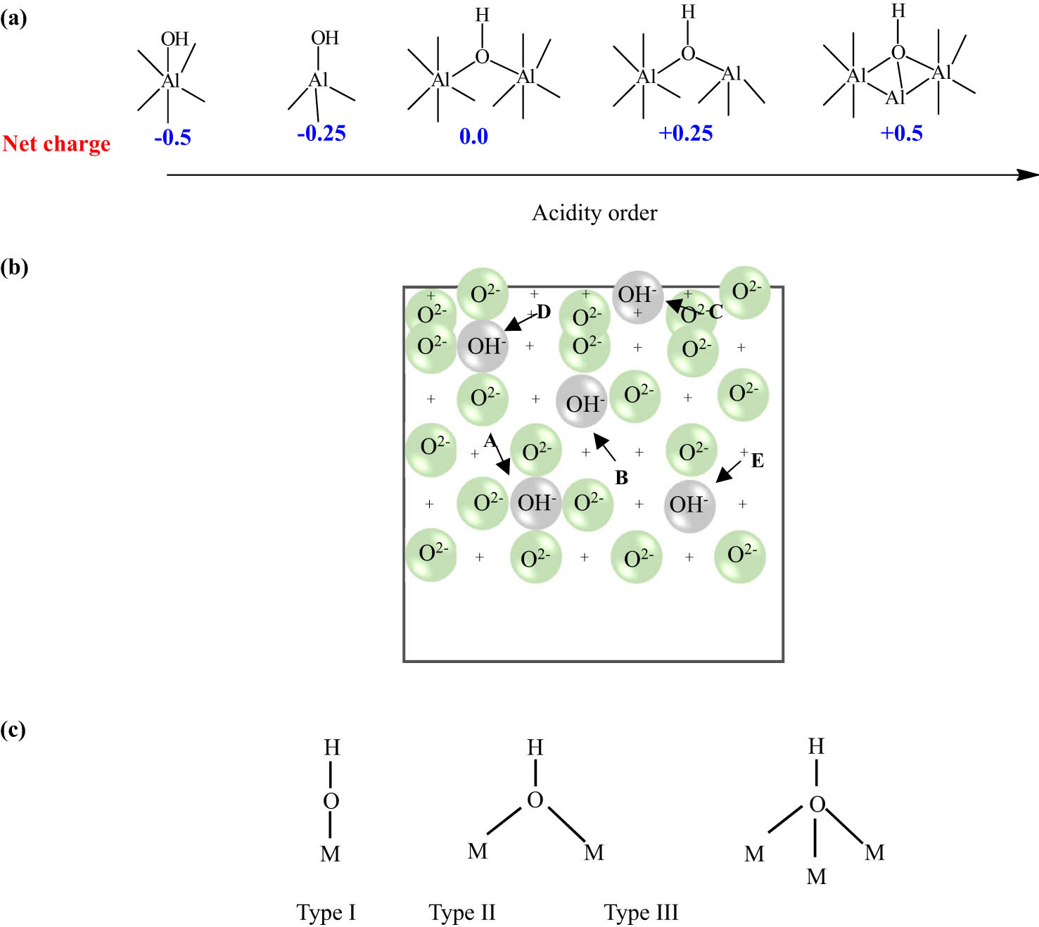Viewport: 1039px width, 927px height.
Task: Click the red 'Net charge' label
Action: pyautogui.click(x=56, y=144)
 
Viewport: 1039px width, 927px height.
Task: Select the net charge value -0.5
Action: pyautogui.click(x=172, y=137)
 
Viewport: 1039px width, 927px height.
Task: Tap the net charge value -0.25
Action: pyautogui.click(x=321, y=133)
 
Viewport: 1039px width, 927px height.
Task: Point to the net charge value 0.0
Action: pyautogui.click(x=473, y=136)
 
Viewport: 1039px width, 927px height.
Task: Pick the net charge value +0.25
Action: pyautogui.click(x=685, y=133)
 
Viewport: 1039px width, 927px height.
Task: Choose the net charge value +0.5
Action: pyautogui.click(x=901, y=133)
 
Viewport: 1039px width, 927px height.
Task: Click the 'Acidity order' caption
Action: pyautogui.click(x=594, y=213)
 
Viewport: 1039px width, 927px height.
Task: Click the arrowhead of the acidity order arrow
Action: pyautogui.click(x=1029, y=175)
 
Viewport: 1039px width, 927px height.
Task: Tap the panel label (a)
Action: pyautogui.click(x=13, y=18)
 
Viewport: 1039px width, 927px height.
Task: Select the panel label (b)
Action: pyautogui.click(x=14, y=267)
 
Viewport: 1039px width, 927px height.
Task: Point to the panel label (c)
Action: pyautogui.click(x=13, y=729)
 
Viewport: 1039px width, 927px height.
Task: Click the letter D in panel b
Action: pyautogui.click(x=544, y=312)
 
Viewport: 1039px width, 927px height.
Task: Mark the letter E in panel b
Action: pyautogui.click(x=758, y=460)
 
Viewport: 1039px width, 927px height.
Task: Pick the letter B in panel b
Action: pyautogui.click(x=621, y=478)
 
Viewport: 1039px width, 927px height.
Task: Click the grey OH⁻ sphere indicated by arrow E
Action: pyautogui.click(x=689, y=505)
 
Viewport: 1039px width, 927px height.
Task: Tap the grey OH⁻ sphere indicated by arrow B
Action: pyautogui.click(x=582, y=402)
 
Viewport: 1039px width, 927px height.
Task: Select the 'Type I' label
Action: pyautogui.click(x=326, y=912)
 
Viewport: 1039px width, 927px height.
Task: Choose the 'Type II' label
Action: pyautogui.click(x=462, y=912)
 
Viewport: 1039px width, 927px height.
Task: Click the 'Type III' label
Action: pyautogui.click(x=641, y=912)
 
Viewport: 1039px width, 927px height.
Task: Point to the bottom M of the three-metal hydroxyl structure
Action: pyautogui.click(x=816, y=876)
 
